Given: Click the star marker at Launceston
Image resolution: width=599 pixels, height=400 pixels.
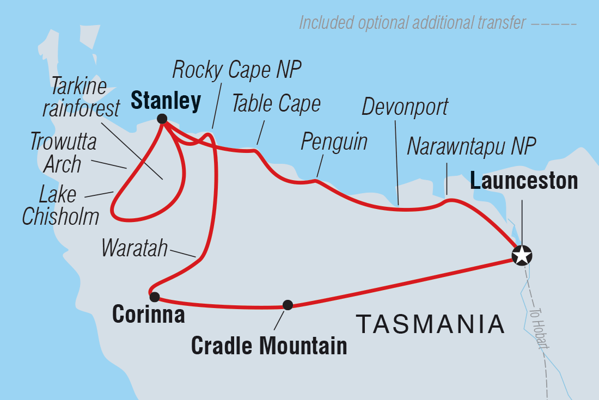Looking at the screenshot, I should [522, 255].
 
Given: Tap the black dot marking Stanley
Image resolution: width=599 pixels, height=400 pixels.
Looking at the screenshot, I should [162, 119].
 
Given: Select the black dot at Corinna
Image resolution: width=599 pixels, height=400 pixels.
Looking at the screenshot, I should [155, 297].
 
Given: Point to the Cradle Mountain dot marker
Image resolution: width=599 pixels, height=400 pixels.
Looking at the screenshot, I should [288, 305].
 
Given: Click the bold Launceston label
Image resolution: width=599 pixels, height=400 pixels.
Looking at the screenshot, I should [524, 181].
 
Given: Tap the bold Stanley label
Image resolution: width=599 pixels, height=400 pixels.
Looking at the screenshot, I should [166, 101].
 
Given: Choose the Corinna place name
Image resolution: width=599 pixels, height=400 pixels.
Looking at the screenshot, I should [148, 315].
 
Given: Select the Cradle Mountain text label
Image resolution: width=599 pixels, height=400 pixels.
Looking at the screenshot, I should [269, 345].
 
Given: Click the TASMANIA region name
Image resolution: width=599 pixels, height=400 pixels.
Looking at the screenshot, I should [430, 324].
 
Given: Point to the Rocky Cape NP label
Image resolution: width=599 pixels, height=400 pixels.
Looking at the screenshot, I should [237, 70].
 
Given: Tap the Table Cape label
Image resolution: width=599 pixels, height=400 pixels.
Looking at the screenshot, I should [276, 103].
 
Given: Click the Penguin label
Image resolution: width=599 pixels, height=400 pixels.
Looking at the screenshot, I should [334, 142].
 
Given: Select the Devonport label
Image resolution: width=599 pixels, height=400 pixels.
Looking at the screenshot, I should [405, 107].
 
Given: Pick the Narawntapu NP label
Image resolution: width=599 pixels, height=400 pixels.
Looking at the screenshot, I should [472, 146].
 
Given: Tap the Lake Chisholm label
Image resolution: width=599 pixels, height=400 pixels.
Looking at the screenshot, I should [60, 205].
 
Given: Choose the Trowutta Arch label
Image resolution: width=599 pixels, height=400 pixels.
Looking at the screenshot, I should [63, 153].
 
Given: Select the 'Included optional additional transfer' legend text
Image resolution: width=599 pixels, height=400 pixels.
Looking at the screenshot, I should [412, 23].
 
